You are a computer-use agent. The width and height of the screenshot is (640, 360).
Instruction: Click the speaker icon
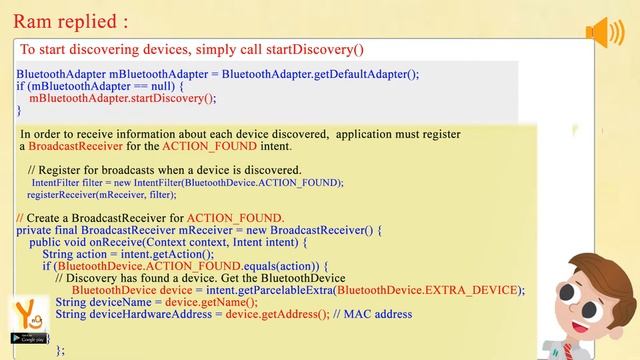(x=605, y=33)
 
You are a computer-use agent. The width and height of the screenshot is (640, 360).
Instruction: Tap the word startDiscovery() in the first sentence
(x=316, y=49)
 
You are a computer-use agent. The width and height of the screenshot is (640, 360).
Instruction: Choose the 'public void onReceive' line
(x=165, y=242)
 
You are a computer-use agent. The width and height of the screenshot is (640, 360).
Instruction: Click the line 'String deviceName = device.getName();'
(x=156, y=302)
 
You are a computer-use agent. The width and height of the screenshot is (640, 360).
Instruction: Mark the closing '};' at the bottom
(x=60, y=349)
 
